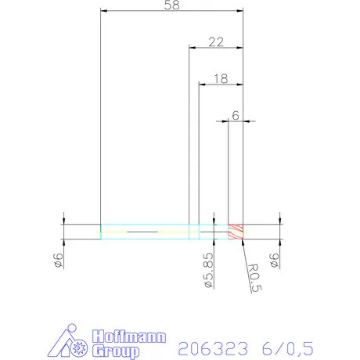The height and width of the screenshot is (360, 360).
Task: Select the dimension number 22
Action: pos(217,41)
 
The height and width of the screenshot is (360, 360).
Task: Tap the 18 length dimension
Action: pos(221,78)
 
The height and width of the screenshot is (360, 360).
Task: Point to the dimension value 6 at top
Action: pos(236,115)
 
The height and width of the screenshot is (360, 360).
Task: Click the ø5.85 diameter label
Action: pos(208,268)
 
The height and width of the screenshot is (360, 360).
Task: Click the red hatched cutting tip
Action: pos(236,232)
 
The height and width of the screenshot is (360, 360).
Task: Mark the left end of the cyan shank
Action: pos(102,232)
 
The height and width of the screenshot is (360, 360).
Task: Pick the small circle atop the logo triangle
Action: pos(70,328)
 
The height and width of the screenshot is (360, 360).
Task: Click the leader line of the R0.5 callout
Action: pos(246,250)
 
